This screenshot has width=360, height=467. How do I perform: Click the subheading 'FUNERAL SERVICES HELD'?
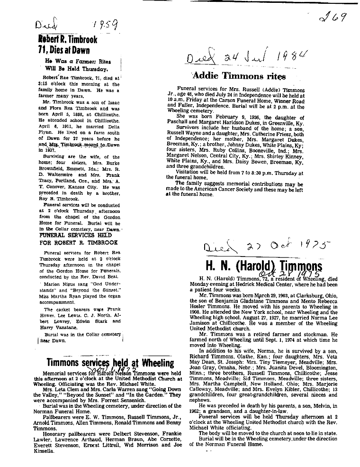(x=76, y=235)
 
